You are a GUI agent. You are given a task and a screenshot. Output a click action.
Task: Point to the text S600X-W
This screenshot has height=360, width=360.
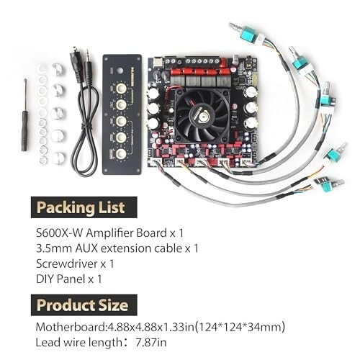pyautogui.click(x=60, y=233)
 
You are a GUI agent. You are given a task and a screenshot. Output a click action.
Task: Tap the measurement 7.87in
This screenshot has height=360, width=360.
pyautogui.click(x=151, y=342)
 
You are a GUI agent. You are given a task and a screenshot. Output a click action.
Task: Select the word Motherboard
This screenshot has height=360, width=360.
pyautogui.click(x=71, y=327)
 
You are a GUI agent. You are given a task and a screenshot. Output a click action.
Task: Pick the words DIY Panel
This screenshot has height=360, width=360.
pyautogui.click(x=60, y=279)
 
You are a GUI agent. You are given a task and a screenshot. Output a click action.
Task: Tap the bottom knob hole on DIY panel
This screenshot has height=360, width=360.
pyautogui.click(x=121, y=153)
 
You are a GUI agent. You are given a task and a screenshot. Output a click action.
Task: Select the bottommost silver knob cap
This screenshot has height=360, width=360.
pyautogui.click(x=58, y=158)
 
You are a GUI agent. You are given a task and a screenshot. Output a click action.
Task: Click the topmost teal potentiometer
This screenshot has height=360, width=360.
pyautogui.click(x=249, y=34)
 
